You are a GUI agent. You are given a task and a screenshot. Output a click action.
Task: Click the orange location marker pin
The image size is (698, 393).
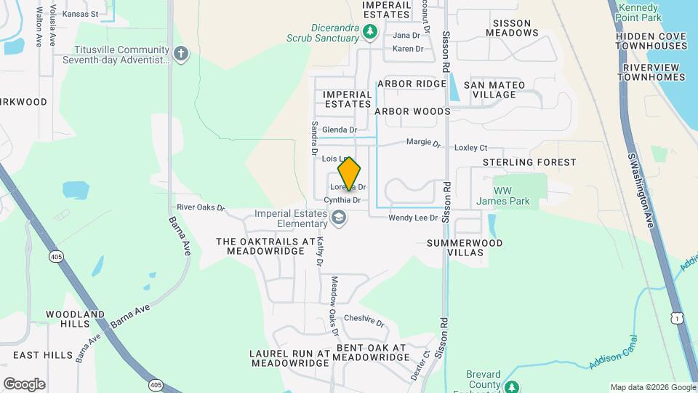coord(349,174)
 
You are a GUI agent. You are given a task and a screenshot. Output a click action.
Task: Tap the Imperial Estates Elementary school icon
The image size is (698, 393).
coord(338,218)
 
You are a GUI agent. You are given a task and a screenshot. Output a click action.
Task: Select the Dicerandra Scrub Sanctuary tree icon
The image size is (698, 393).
coord(371,31)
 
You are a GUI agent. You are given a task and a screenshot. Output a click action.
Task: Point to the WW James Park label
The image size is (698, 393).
coord(521,195)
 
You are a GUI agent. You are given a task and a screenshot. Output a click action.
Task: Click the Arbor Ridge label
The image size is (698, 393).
coord(412,84)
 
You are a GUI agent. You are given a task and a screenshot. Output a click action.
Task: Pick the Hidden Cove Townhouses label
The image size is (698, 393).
coord(651,40)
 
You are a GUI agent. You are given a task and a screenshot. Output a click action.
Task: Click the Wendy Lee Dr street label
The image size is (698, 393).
coord(413,218)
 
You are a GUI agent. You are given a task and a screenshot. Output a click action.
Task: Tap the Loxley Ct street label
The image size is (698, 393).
coord(470,147)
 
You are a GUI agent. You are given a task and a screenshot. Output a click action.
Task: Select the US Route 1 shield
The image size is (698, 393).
coord(678,318)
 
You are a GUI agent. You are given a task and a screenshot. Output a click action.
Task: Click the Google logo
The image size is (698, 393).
coord(24,384)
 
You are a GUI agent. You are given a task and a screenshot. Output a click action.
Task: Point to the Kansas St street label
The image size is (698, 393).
coord(80,14)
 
